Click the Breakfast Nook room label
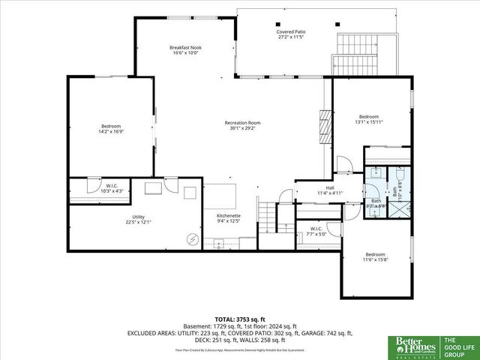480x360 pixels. [x=184, y=50]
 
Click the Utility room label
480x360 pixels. [x=138, y=220]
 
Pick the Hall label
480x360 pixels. [x=329, y=190]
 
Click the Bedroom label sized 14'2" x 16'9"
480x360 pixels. [x=111, y=128]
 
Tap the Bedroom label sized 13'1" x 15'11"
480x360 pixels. [x=368, y=119]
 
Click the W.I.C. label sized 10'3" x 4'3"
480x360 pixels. [x=112, y=190]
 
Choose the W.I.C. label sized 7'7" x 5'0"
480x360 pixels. [x=316, y=232]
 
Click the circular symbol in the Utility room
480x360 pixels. [x=193, y=240]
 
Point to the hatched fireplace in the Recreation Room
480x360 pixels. [x=325, y=127]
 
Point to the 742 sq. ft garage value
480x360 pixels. [x=337, y=332]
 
